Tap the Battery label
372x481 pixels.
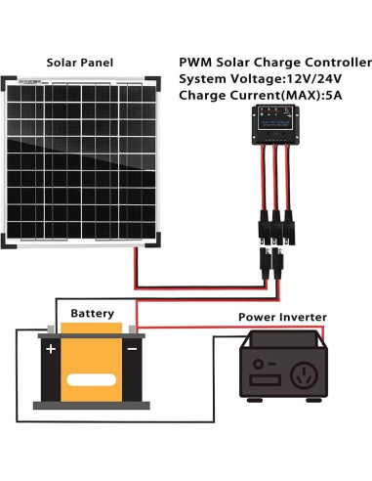click(x=92, y=314)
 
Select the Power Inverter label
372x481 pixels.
click(x=282, y=318)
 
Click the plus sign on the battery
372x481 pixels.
click(x=50, y=347)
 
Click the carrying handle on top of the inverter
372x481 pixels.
click(x=283, y=336)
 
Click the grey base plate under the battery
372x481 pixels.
click(x=92, y=404)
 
